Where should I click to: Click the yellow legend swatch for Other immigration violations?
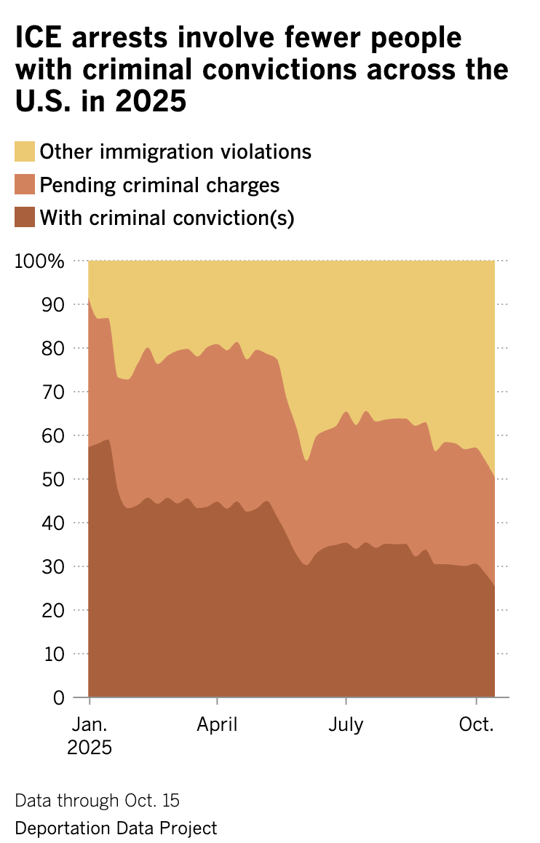pyautogui.click(x=25, y=152)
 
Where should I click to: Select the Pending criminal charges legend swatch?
pyautogui.click(x=25, y=185)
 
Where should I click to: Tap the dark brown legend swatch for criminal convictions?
pyautogui.click(x=25, y=217)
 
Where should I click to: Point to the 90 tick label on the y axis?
pyautogui.click(x=54, y=304)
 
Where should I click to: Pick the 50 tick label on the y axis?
pyautogui.click(x=54, y=479)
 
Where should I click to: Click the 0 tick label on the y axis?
pyautogui.click(x=59, y=697)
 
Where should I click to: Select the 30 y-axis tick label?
pyautogui.click(x=54, y=566)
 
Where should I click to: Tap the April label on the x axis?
pyautogui.click(x=217, y=726)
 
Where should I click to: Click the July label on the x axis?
pyautogui.click(x=346, y=726)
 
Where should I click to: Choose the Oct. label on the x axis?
pyautogui.click(x=476, y=726)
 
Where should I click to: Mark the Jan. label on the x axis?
pyautogui.click(x=89, y=726)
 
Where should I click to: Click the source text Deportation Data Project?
pyautogui.click(x=116, y=828)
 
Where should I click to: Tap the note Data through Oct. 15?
pyautogui.click(x=97, y=801)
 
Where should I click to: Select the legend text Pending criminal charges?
pyautogui.click(x=159, y=185)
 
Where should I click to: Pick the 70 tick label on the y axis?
pyautogui.click(x=54, y=392)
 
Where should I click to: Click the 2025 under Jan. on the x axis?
pyautogui.click(x=90, y=748)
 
